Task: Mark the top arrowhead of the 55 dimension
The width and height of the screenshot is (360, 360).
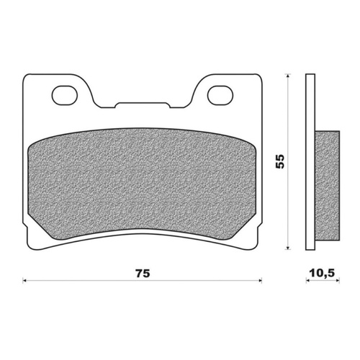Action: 289,75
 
